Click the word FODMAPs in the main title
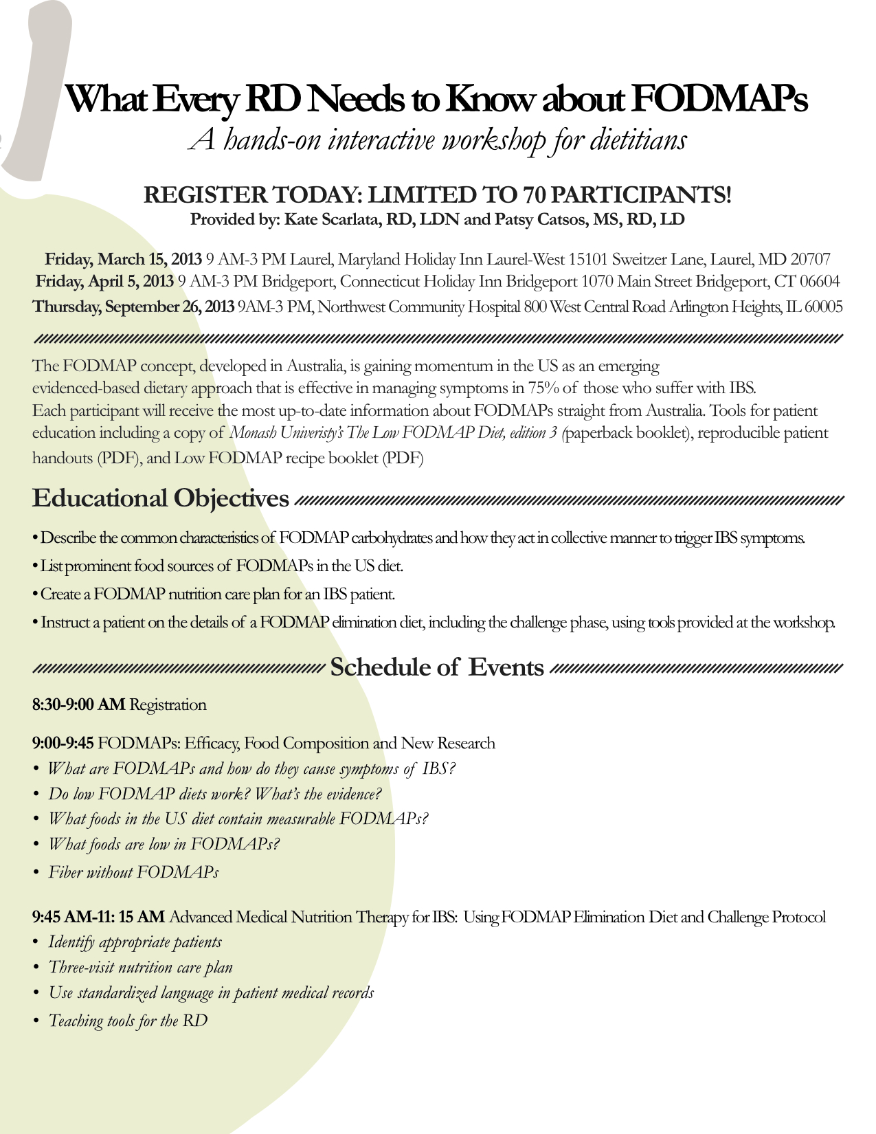719,99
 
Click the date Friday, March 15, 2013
124,260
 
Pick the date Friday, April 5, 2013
104,282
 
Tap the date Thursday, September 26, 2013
133,307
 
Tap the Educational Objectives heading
161,498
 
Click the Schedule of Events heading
437,667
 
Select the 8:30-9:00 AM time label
78,705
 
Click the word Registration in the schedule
168,705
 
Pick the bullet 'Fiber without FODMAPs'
133,873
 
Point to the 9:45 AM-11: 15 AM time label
98,918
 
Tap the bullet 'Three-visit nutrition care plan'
140,968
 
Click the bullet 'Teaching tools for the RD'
128,1021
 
